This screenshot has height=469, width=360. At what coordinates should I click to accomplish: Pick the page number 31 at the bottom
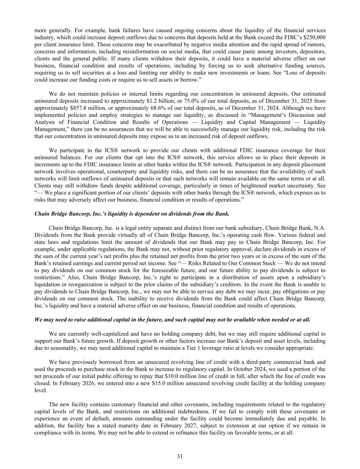(180, 456)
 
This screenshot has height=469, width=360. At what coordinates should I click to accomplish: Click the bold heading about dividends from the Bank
(132, 214)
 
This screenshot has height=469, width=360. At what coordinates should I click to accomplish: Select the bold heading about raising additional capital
(172, 320)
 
